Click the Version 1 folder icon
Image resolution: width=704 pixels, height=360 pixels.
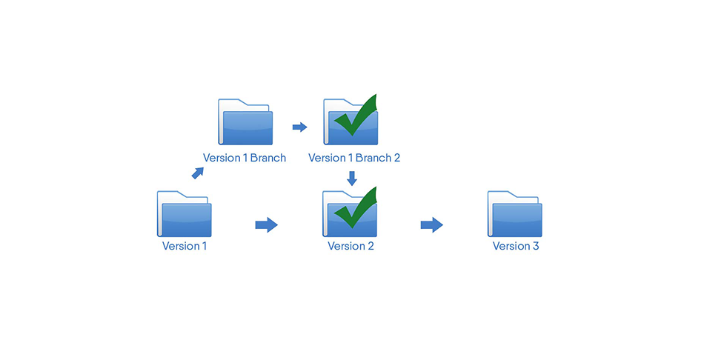(184, 215)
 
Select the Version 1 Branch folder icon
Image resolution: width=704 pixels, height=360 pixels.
(245, 122)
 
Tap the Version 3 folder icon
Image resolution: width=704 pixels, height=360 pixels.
(514, 215)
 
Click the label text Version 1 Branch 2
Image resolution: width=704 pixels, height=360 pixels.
(353, 158)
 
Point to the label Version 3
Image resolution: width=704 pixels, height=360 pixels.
(516, 246)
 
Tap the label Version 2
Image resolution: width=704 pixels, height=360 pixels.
(351, 246)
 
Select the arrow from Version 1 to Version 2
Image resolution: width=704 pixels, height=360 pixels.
(266, 224)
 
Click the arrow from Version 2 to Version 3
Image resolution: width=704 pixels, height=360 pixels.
(431, 224)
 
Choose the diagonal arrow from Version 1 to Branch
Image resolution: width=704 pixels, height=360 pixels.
(198, 173)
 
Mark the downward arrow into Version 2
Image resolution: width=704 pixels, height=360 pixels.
(352, 179)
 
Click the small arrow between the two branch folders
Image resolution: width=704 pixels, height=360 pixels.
(299, 127)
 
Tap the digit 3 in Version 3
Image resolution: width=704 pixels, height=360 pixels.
(535, 246)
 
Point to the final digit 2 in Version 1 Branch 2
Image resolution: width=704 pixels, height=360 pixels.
(396, 158)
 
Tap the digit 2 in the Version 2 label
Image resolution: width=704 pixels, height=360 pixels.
(370, 246)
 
